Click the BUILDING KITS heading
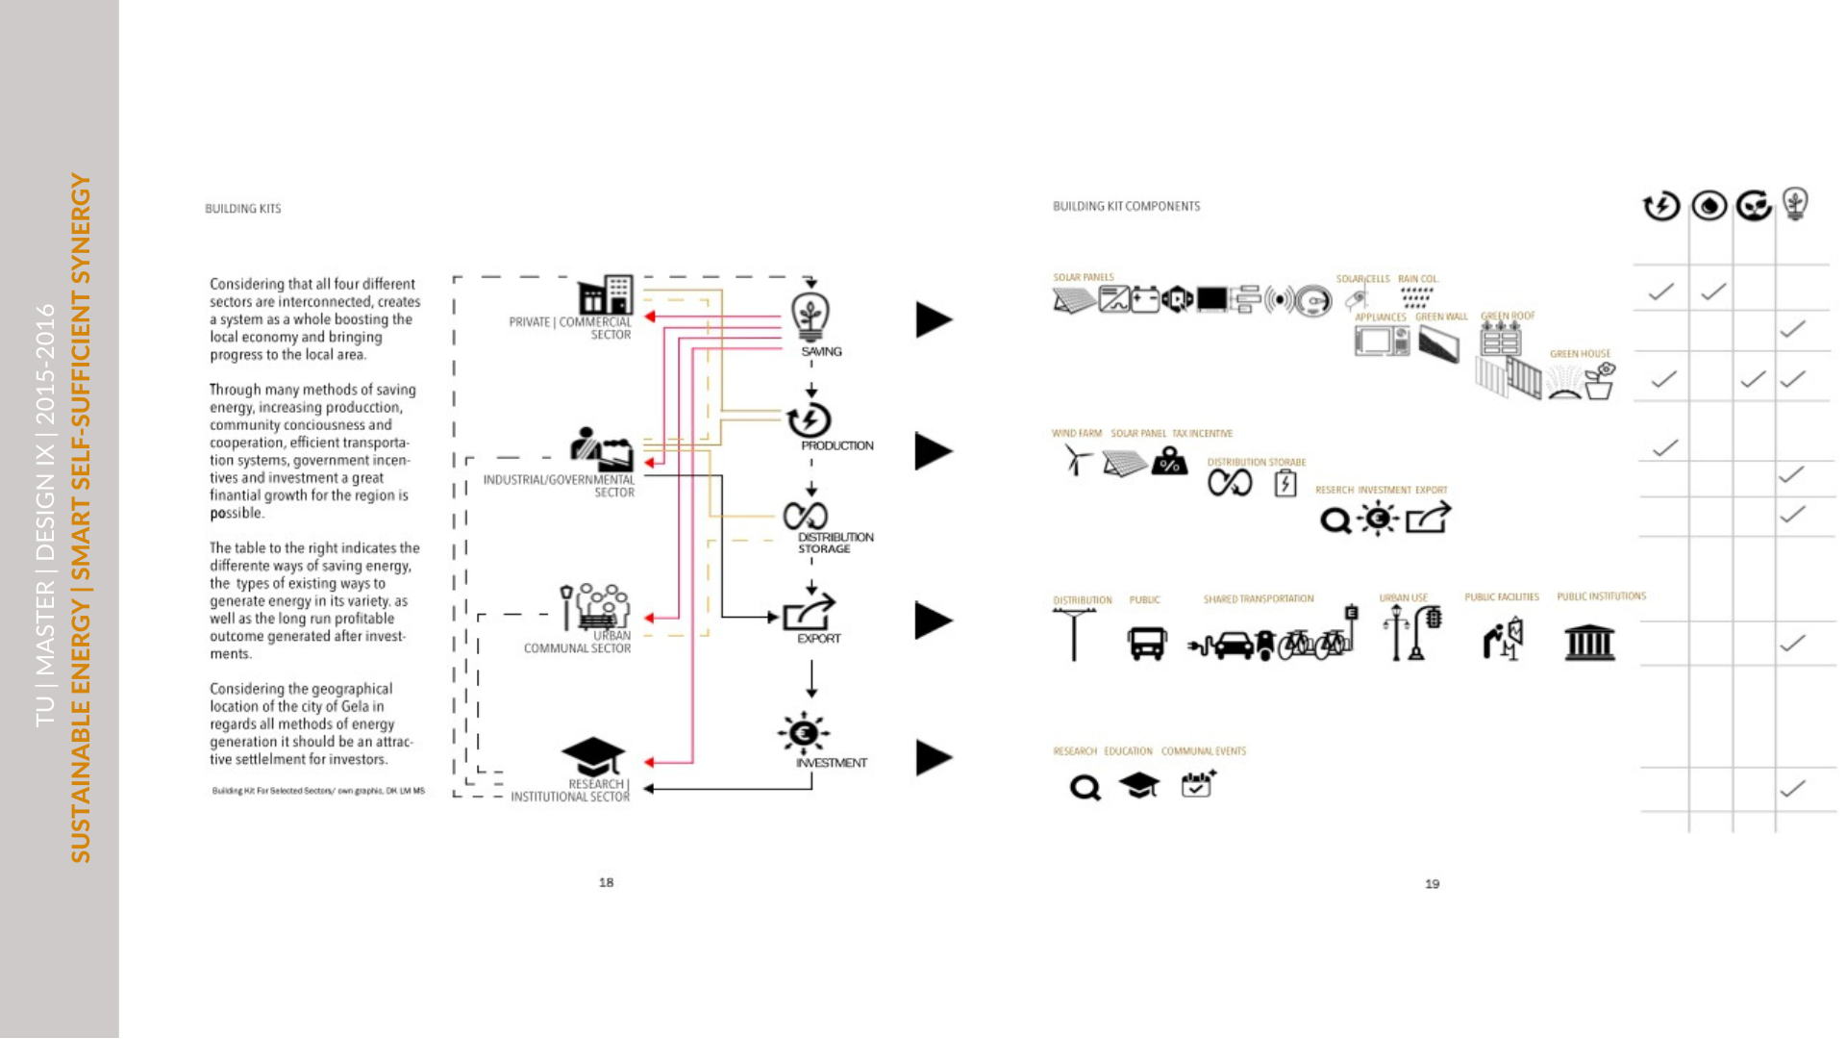pos(242,209)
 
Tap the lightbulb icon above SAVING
pos(811,316)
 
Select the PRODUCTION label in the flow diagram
pos(836,445)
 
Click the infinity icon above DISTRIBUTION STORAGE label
pos(805,516)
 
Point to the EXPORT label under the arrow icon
pos(818,639)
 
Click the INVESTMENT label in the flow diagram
pos(831,763)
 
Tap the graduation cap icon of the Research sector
pos(593,756)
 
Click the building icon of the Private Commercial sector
pos(606,294)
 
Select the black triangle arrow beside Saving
pos(933,319)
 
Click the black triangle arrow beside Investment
pos(933,758)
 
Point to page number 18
pos(606,882)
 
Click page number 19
pos(1432,883)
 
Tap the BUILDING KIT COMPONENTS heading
pos(1126,206)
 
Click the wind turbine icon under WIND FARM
pos(1077,461)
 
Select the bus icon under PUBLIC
pos(1147,643)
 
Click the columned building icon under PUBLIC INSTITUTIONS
pos(1589,642)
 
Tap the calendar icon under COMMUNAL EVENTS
pos(1197,784)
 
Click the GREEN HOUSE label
pos(1579,354)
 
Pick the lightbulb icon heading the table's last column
pos(1795,204)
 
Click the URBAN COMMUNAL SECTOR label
pos(577,643)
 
